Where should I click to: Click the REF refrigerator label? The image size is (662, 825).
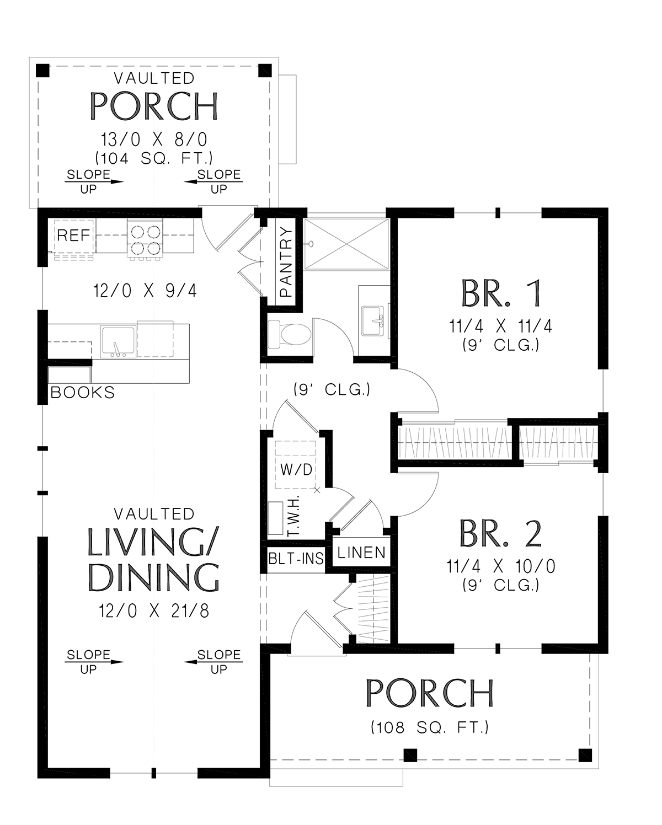pyautogui.click(x=73, y=235)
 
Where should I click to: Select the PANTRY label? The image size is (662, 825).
pyautogui.click(x=286, y=262)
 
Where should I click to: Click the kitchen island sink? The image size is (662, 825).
pyautogui.click(x=118, y=342)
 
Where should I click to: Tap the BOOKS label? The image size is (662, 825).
pyautogui.click(x=82, y=393)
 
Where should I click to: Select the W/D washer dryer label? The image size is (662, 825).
pyautogui.click(x=296, y=469)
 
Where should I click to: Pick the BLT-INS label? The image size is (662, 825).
pyautogui.click(x=296, y=559)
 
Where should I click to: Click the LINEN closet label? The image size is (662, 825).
pyautogui.click(x=361, y=553)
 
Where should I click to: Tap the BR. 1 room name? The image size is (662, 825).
pyautogui.click(x=501, y=293)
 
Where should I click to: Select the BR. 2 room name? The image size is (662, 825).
pyautogui.click(x=500, y=533)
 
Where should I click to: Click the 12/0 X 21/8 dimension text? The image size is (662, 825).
pyautogui.click(x=154, y=611)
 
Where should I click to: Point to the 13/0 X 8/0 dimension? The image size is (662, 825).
pyautogui.click(x=154, y=140)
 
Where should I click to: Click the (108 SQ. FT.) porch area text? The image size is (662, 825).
pyautogui.click(x=430, y=727)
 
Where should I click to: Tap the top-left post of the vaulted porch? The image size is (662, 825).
pyautogui.click(x=42, y=71)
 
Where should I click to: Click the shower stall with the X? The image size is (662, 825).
pyautogui.click(x=346, y=244)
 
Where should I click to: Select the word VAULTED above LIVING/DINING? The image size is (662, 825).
pyautogui.click(x=154, y=514)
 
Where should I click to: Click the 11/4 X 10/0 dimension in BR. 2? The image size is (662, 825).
pyautogui.click(x=500, y=566)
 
